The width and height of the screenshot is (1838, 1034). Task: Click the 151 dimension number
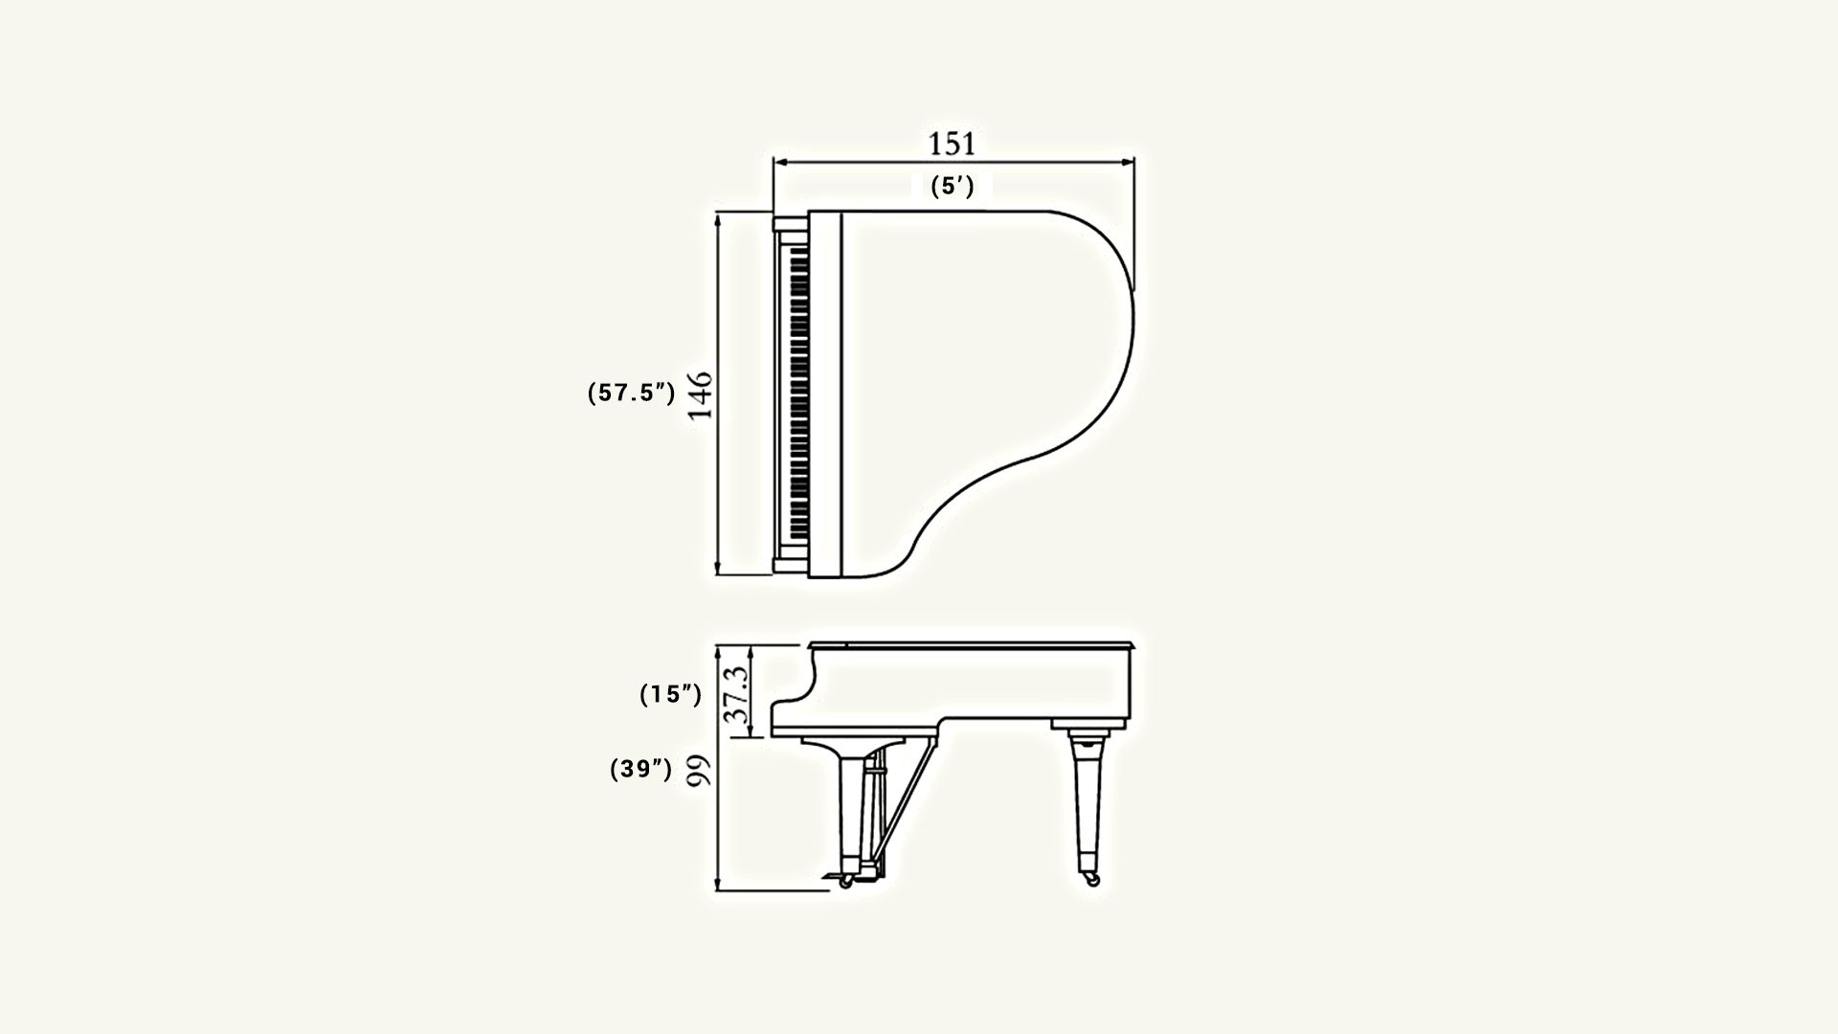[x=953, y=144]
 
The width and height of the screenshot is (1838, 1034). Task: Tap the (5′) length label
[x=953, y=187]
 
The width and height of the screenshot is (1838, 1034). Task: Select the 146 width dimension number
[x=702, y=395]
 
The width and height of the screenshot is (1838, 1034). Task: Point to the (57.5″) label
[x=632, y=393]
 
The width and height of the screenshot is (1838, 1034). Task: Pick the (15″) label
[x=671, y=695]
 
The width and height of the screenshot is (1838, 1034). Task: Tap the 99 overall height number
[x=702, y=771]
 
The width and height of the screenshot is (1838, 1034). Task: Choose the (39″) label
[x=641, y=770]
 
